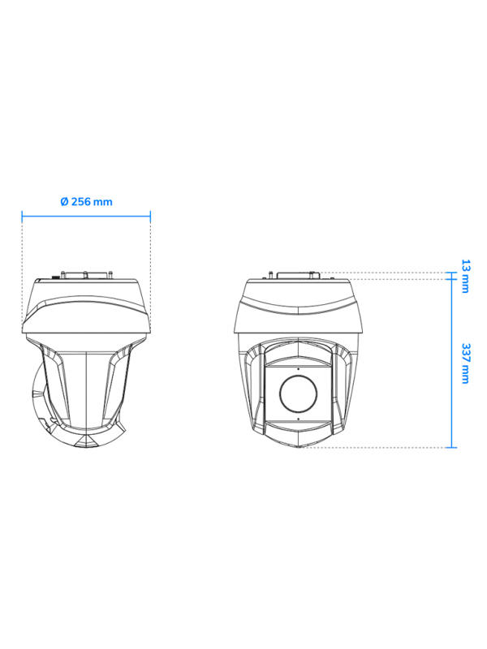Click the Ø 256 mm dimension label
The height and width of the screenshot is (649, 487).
pyautogui.click(x=86, y=201)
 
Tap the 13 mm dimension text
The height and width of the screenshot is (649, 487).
pyautogui.click(x=465, y=276)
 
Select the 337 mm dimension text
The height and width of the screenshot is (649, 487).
pyautogui.click(x=465, y=363)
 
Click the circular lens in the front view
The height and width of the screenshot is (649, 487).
pyautogui.click(x=298, y=393)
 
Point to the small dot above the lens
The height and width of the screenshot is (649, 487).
pyautogui.click(x=298, y=368)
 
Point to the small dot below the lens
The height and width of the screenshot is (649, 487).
pyautogui.click(x=298, y=419)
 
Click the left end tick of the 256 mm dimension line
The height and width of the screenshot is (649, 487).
pyautogui.click(x=22, y=216)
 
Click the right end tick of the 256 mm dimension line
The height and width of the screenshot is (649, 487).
pyautogui.click(x=150, y=216)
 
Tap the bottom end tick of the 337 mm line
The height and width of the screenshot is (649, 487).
pyautogui.click(x=451, y=448)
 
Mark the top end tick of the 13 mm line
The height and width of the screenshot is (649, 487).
pyautogui.click(x=451, y=273)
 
